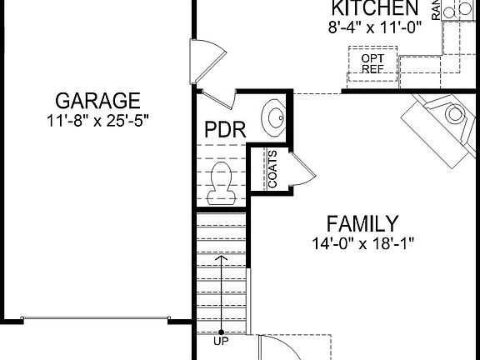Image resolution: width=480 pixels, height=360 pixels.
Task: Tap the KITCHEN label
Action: tap(374, 8)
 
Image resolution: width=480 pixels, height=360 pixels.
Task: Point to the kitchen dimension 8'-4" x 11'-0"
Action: tap(374, 26)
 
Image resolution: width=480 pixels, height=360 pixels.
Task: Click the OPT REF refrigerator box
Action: tap(372, 63)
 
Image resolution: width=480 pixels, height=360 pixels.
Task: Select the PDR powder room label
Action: tap(224, 131)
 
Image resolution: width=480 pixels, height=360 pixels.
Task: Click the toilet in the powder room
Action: tap(222, 180)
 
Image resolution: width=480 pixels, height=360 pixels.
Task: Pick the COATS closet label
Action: tap(272, 169)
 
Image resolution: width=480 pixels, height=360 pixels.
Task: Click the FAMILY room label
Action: tap(362, 223)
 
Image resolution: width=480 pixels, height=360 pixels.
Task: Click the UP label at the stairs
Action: tap(222, 341)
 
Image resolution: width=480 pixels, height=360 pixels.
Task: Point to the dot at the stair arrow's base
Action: tap(222, 332)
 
